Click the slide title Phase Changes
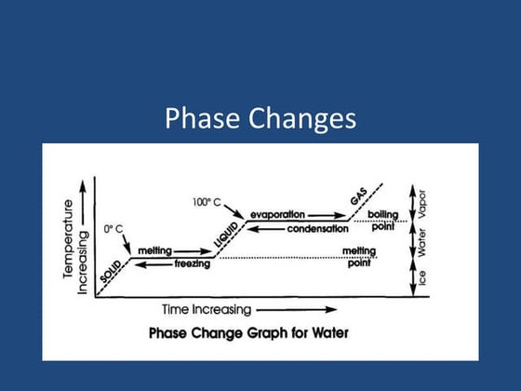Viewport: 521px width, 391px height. pyautogui.click(x=260, y=119)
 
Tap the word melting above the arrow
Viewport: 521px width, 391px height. pyautogui.click(x=155, y=250)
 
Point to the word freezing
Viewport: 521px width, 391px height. pyautogui.click(x=192, y=264)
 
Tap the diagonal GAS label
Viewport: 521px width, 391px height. pyautogui.click(x=358, y=198)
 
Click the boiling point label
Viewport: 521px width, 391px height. pyautogui.click(x=382, y=221)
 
